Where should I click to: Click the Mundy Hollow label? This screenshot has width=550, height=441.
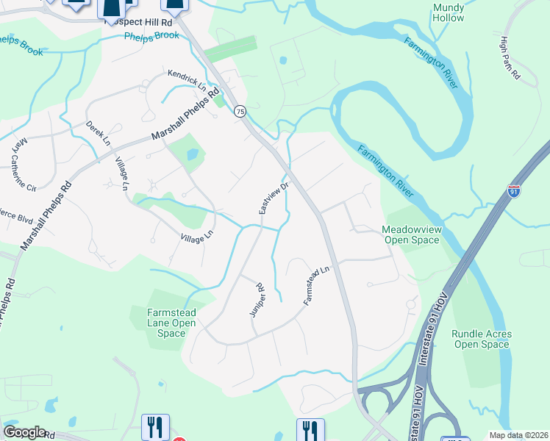point(449,12)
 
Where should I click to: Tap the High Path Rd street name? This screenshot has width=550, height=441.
point(510,58)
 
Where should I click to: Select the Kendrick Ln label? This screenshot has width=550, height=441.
point(187,79)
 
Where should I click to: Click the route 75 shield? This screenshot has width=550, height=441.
point(240,111)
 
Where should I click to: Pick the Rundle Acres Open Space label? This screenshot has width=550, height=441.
point(482,339)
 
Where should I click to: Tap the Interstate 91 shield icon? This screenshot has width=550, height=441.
point(514,192)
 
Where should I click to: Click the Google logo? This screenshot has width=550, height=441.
point(24,432)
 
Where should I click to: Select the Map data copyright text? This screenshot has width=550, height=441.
point(524,434)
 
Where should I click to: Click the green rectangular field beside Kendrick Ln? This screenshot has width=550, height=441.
point(230,49)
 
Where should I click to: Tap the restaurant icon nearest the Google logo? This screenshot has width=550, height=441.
point(155,426)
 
